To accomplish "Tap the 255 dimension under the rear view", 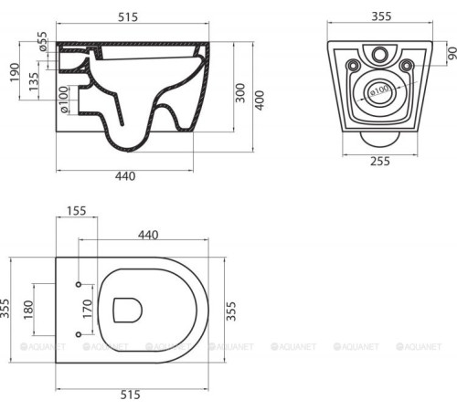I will tap(377, 162).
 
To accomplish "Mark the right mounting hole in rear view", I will tap(406, 64).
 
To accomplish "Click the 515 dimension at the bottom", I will tap(132, 395).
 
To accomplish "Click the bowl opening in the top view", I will tap(127, 311).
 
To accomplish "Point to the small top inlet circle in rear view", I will tap(379, 52).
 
